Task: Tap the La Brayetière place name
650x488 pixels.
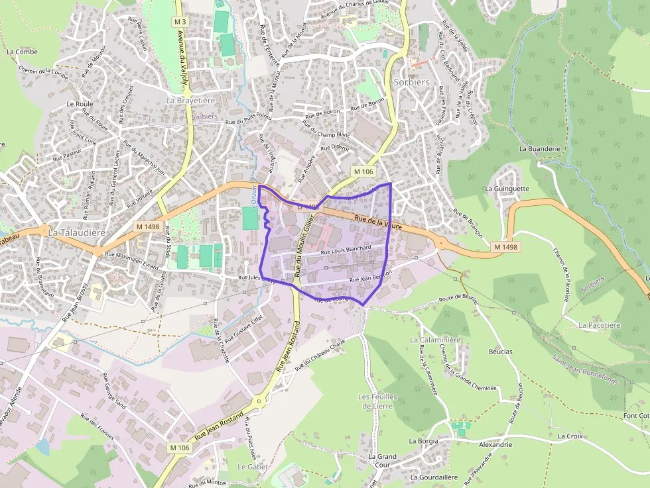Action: pyautogui.click(x=190, y=101)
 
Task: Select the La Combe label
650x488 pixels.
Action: pyautogui.click(x=22, y=51)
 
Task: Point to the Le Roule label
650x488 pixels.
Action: pyautogui.click(x=80, y=104)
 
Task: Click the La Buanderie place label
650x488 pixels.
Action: pyautogui.click(x=540, y=149)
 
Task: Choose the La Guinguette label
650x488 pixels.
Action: pyautogui.click(x=507, y=188)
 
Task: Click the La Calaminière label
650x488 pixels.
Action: pyautogui.click(x=435, y=340)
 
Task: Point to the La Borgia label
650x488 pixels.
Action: pyautogui.click(x=424, y=441)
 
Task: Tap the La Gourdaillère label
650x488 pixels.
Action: pyautogui.click(x=434, y=477)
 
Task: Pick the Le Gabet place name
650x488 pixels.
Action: pyautogui.click(x=251, y=466)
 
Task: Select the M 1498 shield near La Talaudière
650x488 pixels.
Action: pyautogui.click(x=147, y=226)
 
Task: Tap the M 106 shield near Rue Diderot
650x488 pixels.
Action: pyautogui.click(x=363, y=171)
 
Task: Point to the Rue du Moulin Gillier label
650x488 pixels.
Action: pyautogui.click(x=302, y=250)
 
